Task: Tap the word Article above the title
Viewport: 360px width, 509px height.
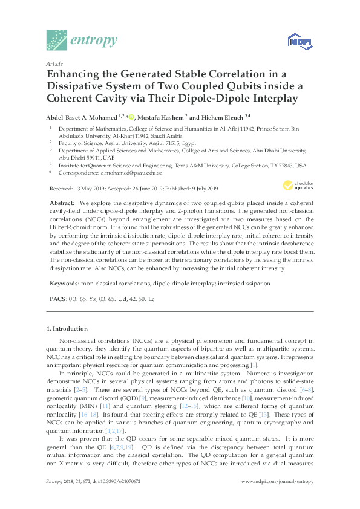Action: [x=53, y=63]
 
